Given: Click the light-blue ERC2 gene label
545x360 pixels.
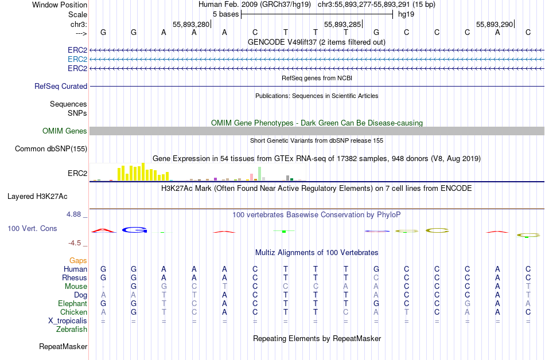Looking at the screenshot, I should [x=77, y=59].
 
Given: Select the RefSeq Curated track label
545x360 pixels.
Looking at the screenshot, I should [x=61, y=86].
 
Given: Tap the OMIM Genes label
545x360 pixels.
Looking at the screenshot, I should [x=65, y=131].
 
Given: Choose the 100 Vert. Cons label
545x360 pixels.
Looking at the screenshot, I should [x=32, y=228].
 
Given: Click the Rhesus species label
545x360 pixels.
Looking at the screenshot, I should [x=74, y=277].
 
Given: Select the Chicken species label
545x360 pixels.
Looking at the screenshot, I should [x=73, y=312].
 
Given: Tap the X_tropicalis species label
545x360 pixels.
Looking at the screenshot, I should [x=67, y=320].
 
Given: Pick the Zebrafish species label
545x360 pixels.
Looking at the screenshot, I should [x=72, y=329].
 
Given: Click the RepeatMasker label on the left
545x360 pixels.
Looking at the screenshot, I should [x=63, y=346].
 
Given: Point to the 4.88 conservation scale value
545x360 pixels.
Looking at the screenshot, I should [x=76, y=214].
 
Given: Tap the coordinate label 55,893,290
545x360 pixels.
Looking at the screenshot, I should [x=494, y=24].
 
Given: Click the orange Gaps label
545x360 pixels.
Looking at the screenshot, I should [x=78, y=260].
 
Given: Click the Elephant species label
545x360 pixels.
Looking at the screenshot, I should [x=72, y=303].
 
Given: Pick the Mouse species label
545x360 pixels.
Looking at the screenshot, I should [x=76, y=286].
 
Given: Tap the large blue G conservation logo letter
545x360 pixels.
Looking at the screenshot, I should [x=134, y=230].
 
